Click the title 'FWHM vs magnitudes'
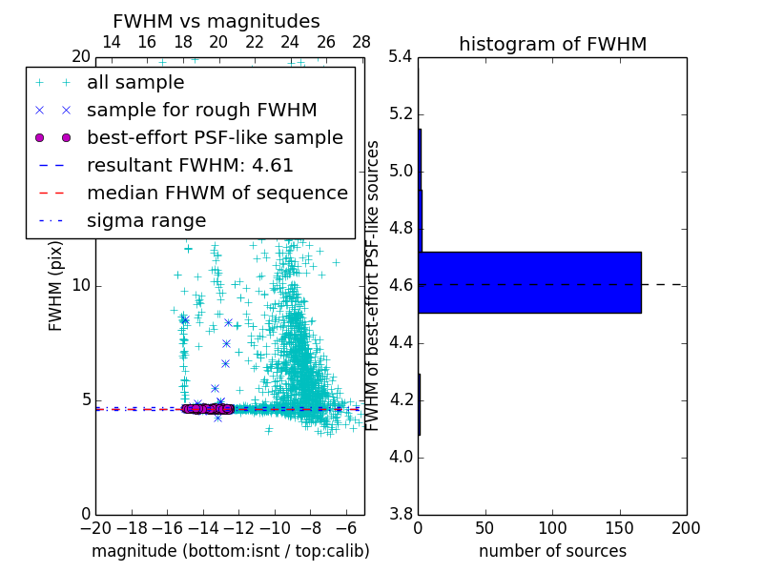(217, 21)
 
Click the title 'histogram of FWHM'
(552, 44)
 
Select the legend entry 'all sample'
(135, 83)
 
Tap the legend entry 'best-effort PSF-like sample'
(215, 138)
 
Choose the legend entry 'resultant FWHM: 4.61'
(190, 166)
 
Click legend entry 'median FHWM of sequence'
(217, 194)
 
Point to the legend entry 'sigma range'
(146, 221)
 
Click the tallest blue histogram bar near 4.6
(529, 282)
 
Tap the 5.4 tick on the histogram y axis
(402, 57)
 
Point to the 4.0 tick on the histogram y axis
(402, 458)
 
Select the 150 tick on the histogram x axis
(619, 528)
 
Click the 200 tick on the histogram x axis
(686, 528)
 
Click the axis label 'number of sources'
(552, 551)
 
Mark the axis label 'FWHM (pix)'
(56, 286)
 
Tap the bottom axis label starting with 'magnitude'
(230, 551)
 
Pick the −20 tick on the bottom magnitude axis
(95, 528)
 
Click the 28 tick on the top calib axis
(361, 42)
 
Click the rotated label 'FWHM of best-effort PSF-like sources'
(373, 286)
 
